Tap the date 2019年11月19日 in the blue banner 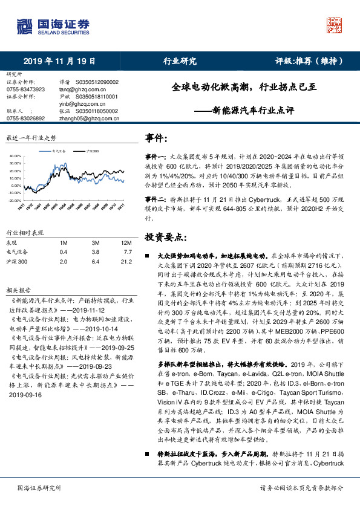coord(60,61)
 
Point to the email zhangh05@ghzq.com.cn coord(87,118)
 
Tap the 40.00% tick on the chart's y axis coord(13,156)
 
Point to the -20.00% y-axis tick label coord(13,199)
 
